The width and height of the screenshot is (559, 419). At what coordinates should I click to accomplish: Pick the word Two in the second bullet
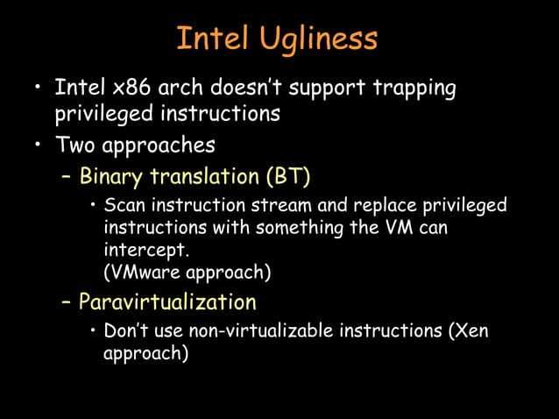(74, 144)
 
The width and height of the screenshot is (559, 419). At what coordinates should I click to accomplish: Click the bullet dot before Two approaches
(38, 144)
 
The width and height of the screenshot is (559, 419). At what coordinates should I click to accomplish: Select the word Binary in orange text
(112, 176)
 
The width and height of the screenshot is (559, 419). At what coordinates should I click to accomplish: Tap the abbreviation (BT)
(288, 176)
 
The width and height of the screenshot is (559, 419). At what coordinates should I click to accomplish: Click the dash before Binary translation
(67, 176)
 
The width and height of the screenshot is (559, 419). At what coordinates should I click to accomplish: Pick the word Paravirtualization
(167, 302)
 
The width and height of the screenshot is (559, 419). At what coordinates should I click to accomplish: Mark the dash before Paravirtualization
(67, 302)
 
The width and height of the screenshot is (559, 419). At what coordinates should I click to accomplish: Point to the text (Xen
(469, 332)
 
